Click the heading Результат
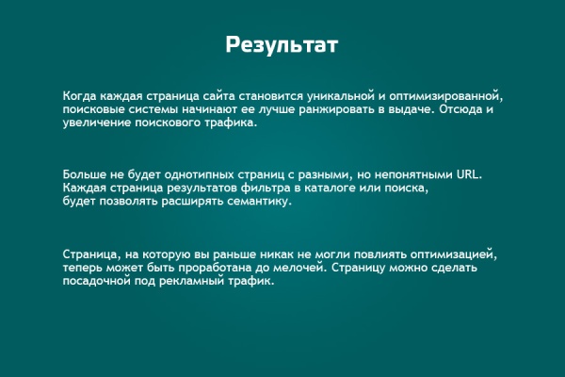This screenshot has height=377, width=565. click(282, 45)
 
